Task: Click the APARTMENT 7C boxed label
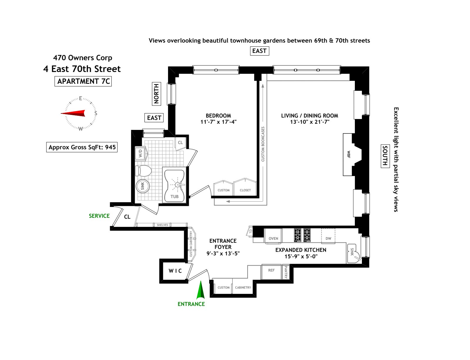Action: (83, 81)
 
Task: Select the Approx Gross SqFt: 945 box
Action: (82, 147)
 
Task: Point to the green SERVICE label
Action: (99, 216)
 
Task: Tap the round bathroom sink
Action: (142, 186)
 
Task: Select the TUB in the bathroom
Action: (174, 185)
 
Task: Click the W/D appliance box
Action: (140, 153)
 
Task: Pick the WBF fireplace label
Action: (349, 155)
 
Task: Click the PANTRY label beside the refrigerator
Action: (286, 272)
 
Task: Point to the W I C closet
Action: (175, 271)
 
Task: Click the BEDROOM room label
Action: (218, 115)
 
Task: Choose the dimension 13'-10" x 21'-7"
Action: (310, 122)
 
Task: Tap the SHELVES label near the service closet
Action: (162, 225)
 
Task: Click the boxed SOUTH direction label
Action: (385, 156)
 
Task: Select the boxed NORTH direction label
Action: (156, 94)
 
